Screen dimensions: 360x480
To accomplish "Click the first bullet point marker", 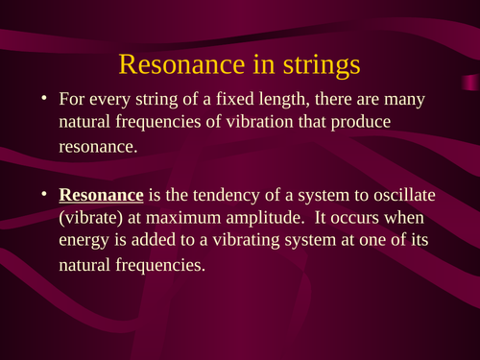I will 43,99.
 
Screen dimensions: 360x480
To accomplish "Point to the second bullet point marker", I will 43,195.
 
